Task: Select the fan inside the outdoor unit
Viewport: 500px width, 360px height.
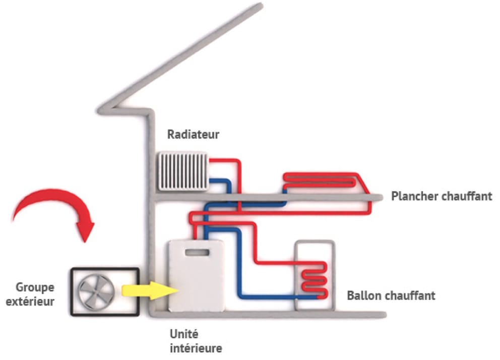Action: (96, 291)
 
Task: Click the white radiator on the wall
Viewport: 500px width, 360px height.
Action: (182, 171)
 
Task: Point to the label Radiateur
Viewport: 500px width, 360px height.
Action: (194, 135)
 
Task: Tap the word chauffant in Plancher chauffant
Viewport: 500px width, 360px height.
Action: (467, 196)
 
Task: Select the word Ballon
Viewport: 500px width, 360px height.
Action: (364, 295)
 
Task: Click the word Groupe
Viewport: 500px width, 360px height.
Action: (35, 287)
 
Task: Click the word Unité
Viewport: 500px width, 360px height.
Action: (184, 334)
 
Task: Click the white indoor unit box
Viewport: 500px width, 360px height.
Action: (197, 282)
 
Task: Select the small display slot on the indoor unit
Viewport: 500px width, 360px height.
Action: (197, 252)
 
